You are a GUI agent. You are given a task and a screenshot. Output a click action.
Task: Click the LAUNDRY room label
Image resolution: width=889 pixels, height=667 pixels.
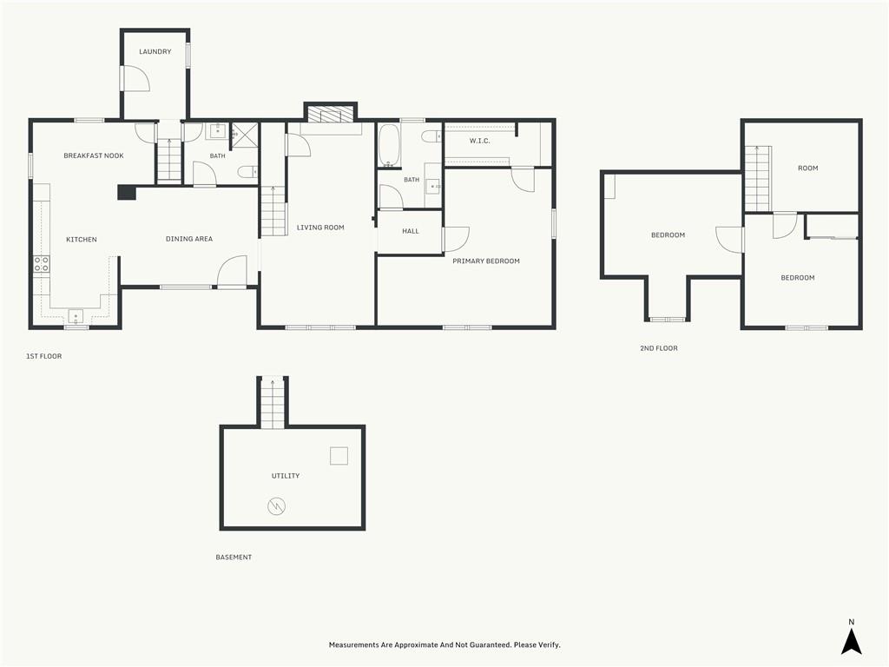(x=155, y=51)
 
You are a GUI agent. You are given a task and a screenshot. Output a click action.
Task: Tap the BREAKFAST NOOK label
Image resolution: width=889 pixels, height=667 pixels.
(x=94, y=155)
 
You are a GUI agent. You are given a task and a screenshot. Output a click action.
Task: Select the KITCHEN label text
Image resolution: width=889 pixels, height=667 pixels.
(x=82, y=240)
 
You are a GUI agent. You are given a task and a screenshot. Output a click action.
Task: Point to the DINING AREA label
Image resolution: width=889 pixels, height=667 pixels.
(x=189, y=239)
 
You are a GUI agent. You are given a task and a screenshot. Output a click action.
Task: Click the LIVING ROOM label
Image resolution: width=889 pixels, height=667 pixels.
(x=320, y=228)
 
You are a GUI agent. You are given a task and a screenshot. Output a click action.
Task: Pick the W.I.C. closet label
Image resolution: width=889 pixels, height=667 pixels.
(x=479, y=141)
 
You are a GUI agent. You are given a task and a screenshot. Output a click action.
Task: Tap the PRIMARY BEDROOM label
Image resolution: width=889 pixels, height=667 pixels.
(x=486, y=261)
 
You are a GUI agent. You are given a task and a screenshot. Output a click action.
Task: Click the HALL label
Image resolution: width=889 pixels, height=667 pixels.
(x=411, y=231)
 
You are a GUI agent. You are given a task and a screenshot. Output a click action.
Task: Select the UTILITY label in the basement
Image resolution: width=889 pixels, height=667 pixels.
(x=285, y=476)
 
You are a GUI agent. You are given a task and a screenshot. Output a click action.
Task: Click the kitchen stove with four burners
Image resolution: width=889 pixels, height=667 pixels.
(x=42, y=264)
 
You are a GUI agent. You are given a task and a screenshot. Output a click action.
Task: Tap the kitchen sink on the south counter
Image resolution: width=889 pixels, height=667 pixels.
(x=76, y=315)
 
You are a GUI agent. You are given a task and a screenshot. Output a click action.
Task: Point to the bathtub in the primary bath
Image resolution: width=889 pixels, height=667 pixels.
(x=390, y=146)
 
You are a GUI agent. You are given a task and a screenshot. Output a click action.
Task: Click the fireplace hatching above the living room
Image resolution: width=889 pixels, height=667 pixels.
(x=331, y=114)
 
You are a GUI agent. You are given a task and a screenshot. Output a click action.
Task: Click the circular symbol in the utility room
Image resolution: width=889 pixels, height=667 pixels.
(x=276, y=506)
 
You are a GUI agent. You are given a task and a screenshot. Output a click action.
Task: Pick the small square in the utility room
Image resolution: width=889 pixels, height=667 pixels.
(x=339, y=456)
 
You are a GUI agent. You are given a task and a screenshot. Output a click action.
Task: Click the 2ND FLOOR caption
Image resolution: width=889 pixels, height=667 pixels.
(x=659, y=348)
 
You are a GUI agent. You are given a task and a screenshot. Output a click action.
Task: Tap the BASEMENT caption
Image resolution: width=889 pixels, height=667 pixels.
(x=234, y=557)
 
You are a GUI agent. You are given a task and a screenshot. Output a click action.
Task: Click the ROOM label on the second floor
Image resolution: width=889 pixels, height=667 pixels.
(x=808, y=168)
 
